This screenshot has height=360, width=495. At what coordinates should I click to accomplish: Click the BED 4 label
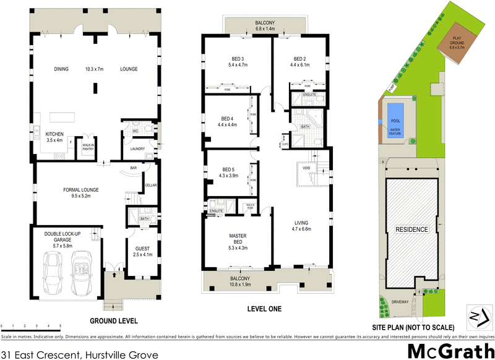point(226,119)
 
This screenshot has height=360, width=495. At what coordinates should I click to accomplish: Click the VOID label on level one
point(306,168)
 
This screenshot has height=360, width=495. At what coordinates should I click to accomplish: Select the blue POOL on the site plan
point(394,114)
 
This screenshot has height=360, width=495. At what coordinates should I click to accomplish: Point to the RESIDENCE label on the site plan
point(411,229)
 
